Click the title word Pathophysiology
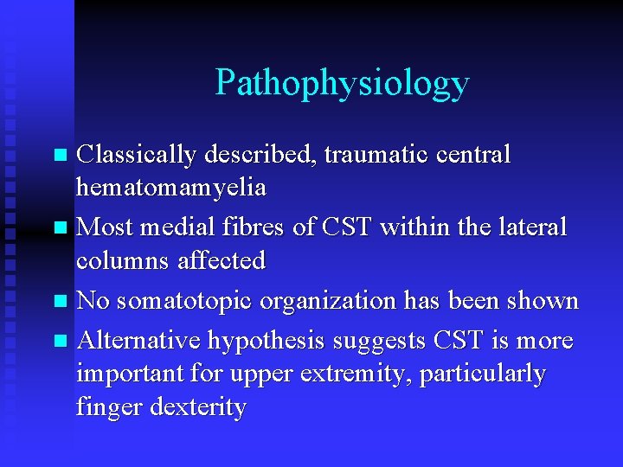tap(342, 84)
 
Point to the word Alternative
tap(138, 341)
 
